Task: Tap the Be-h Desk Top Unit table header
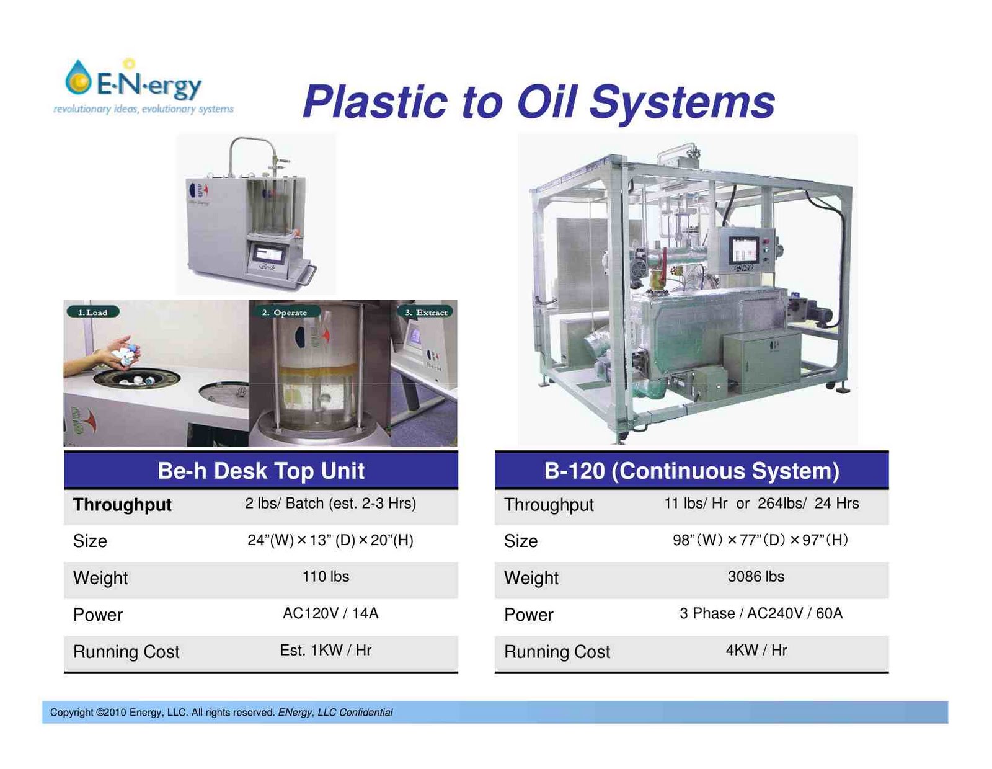(x=261, y=471)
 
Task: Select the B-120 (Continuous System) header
(x=691, y=471)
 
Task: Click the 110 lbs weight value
(x=325, y=577)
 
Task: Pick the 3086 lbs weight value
(x=756, y=577)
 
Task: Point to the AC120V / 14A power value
(x=330, y=613)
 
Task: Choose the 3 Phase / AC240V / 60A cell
(x=761, y=613)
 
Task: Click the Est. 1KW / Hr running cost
(x=325, y=650)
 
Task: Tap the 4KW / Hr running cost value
(x=756, y=650)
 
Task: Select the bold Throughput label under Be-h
(x=122, y=505)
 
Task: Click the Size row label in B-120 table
(x=521, y=541)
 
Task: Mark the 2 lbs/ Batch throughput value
(x=330, y=503)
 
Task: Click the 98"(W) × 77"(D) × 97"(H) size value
(x=760, y=540)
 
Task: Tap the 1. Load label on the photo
(x=92, y=312)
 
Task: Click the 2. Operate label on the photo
(x=285, y=312)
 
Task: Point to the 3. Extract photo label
(x=426, y=312)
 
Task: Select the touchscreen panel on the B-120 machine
(x=743, y=250)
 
